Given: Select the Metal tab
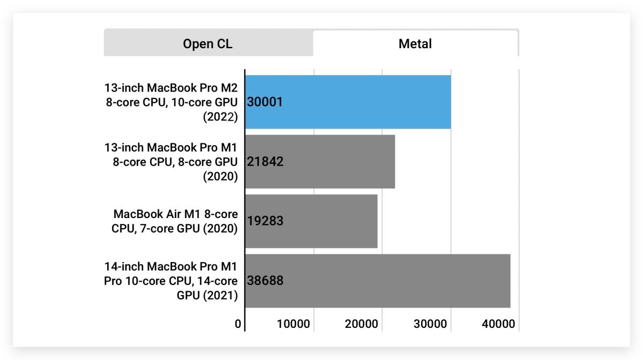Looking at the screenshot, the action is [415, 43].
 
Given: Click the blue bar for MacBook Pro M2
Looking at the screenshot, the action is [348, 102].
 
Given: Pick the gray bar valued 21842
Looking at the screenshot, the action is [320, 162].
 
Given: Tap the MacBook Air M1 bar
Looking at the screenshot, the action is [311, 221].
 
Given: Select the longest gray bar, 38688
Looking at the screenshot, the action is [378, 281].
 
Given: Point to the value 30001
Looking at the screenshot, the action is [265, 102].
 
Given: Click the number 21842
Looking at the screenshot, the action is [265, 162].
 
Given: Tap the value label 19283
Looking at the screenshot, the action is [265, 221].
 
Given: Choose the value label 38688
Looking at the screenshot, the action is [265, 281].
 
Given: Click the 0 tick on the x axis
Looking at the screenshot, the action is [238, 324].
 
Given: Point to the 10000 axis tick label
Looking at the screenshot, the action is [294, 324].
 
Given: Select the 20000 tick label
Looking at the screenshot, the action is [361, 324].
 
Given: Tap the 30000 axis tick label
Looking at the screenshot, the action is [430, 324].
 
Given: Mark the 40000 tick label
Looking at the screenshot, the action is [498, 324].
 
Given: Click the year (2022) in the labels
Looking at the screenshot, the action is [220, 117].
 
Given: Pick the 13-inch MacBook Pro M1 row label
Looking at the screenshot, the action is [171, 162].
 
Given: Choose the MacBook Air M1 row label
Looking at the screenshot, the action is [175, 221].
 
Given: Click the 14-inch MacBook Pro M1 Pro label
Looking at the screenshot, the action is [171, 281].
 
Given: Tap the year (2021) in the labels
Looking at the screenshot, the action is [220, 296].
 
